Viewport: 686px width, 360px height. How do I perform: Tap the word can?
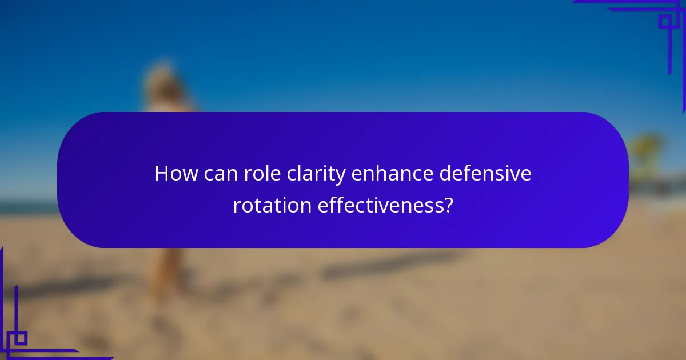(217, 174)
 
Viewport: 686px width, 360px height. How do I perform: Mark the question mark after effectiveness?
(448, 205)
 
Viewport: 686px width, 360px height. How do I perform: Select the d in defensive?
(445, 174)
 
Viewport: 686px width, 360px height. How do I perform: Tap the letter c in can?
(206, 175)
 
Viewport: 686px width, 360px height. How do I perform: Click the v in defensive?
(516, 175)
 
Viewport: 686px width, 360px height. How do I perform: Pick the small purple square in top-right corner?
(665, 21)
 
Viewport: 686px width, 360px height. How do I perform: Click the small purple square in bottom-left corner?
(20, 338)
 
